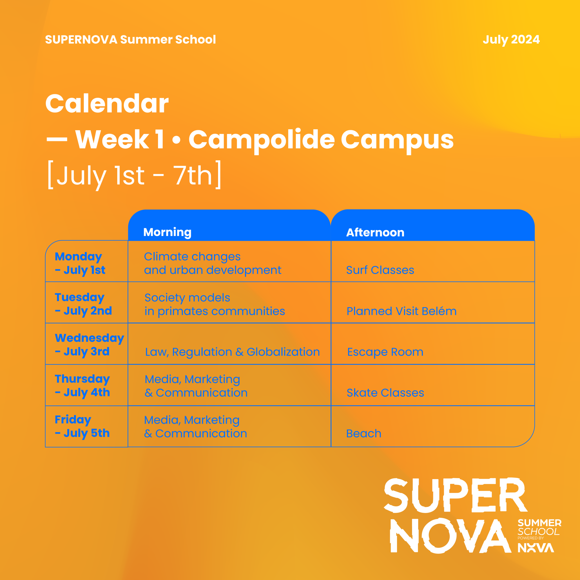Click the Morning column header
point(167,232)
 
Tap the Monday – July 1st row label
point(80,263)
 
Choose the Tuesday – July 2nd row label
point(84,304)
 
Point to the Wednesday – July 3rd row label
point(89,345)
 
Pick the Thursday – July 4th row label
point(83,386)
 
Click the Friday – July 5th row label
point(82,427)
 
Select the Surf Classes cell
point(380,270)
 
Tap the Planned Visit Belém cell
point(401,311)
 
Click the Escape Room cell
point(385,352)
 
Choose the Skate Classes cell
point(385,393)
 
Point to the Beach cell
point(364,434)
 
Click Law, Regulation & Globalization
point(232,352)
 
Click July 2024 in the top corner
point(511,40)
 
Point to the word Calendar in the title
point(107,104)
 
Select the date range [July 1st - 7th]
point(135,175)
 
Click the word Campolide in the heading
point(262,140)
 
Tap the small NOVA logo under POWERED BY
point(536,548)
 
